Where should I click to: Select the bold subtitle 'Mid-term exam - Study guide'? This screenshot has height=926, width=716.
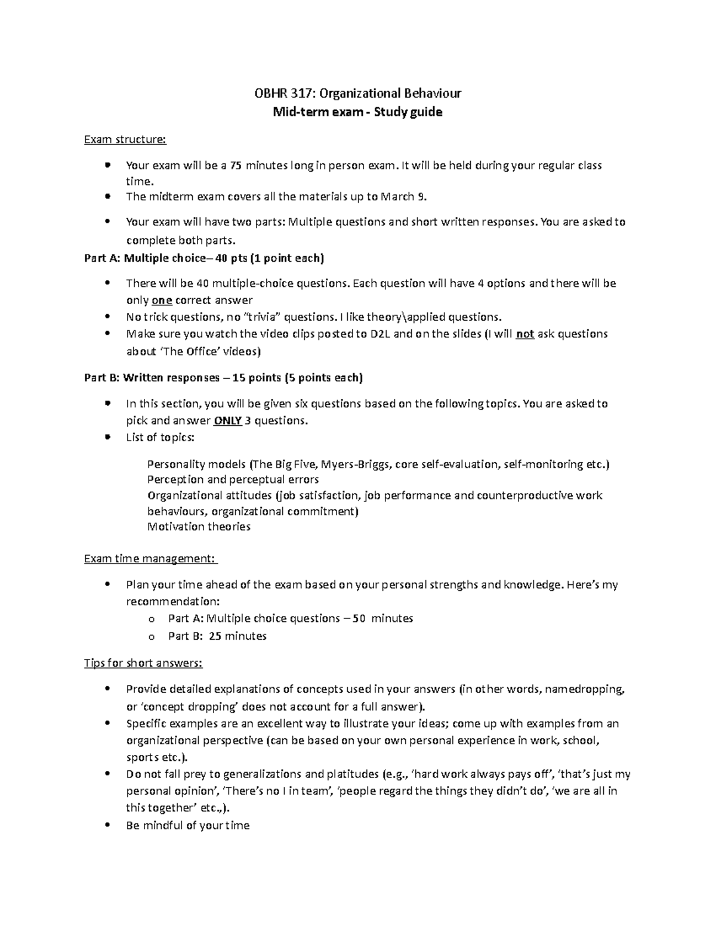point(357,112)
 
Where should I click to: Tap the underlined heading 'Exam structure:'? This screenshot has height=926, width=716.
point(125,140)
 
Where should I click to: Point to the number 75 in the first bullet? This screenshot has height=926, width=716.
point(236,165)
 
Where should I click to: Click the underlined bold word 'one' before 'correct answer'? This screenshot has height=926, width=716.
point(162,301)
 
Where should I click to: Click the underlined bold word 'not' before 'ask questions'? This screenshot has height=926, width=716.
point(524,334)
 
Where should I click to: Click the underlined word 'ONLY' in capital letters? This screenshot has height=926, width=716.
point(227,421)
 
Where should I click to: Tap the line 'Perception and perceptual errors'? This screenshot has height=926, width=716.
point(233,479)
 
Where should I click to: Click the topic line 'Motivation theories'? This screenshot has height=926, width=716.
point(199,527)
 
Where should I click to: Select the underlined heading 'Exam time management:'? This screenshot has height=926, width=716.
point(150,559)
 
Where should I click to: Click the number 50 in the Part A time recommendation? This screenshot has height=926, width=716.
point(359,618)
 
